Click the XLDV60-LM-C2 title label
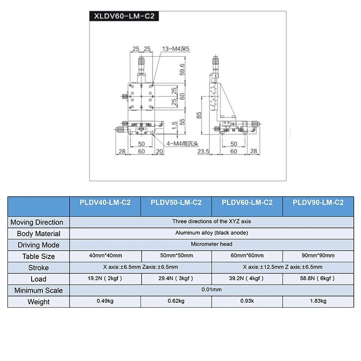click(x=124, y=16)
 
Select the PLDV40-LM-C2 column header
click(x=105, y=203)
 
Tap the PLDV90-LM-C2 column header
click(x=318, y=203)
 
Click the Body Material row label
click(x=38, y=234)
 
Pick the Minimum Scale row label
click(x=38, y=291)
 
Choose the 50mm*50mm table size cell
click(x=176, y=255)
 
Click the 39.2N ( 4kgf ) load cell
click(x=246, y=278)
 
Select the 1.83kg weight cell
click(x=318, y=301)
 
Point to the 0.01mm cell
click(x=211, y=290)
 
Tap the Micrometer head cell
click(x=211, y=244)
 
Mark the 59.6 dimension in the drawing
click(x=182, y=69)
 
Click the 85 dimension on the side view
click(x=199, y=115)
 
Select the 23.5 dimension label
click(x=204, y=152)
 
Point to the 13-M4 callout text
click(x=176, y=49)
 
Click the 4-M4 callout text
click(x=182, y=143)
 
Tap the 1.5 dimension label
click(x=174, y=125)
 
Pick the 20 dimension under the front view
click(x=159, y=152)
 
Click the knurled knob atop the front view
click(x=141, y=62)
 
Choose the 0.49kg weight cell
click(x=105, y=301)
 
